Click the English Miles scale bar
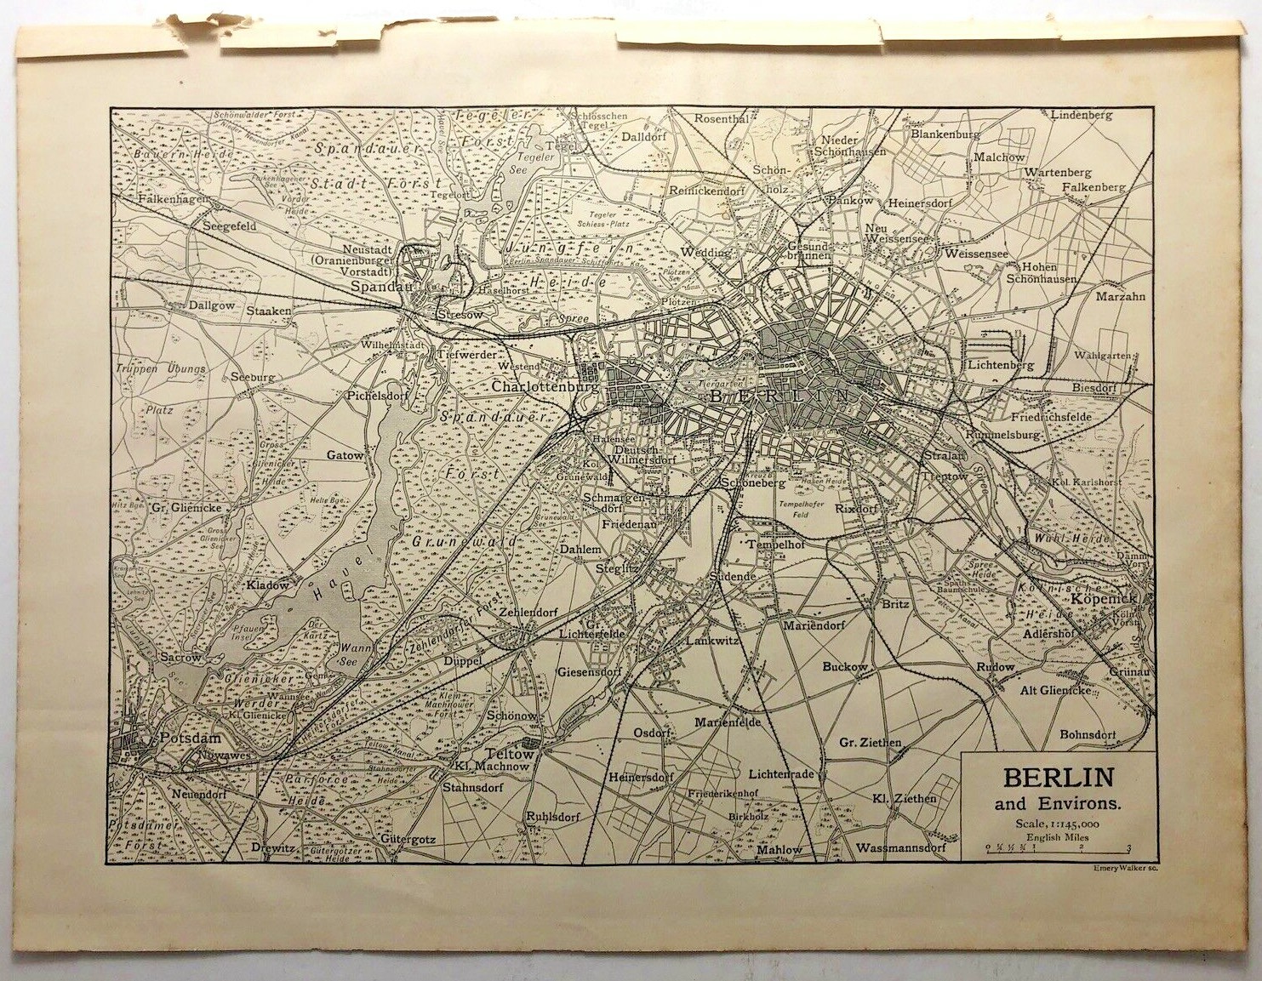(1055, 848)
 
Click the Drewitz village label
(271, 847)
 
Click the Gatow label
(345, 455)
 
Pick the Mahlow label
(779, 849)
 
